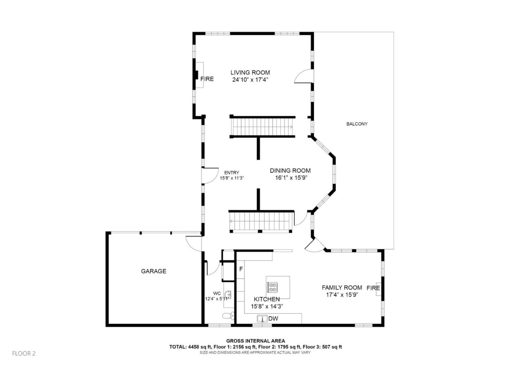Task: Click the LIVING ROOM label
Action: click(x=250, y=72)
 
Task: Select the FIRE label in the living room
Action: click(x=207, y=79)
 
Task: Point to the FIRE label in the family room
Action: click(x=373, y=288)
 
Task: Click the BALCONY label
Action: click(x=357, y=124)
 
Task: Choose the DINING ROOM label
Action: click(x=290, y=170)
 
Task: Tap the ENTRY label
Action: click(x=232, y=173)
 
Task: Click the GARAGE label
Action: click(x=153, y=271)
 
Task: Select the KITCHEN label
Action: click(x=267, y=299)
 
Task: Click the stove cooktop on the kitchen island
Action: click(x=273, y=287)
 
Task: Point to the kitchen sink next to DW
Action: click(x=262, y=318)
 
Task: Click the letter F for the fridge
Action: click(x=241, y=269)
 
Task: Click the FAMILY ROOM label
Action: click(x=342, y=287)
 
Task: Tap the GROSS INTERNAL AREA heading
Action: click(x=255, y=341)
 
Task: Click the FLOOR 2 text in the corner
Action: click(x=24, y=353)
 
